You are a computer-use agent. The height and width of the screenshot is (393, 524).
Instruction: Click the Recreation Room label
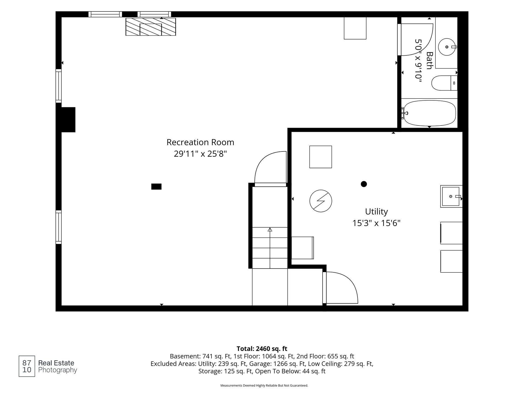point(200,142)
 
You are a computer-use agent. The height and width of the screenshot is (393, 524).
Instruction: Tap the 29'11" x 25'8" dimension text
point(200,154)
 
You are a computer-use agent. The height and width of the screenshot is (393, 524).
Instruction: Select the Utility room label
point(376,212)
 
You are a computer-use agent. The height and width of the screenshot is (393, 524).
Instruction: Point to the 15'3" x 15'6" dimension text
point(376,223)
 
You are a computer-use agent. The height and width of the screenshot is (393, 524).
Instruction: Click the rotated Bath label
point(429,61)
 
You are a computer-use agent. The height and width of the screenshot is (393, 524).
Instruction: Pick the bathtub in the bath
point(430,113)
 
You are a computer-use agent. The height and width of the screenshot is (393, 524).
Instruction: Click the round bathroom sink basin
point(447,47)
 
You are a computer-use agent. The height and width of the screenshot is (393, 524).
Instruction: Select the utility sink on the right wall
point(451,196)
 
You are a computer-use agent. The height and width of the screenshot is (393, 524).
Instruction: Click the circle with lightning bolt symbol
point(321,201)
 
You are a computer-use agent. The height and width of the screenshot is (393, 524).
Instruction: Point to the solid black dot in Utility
point(364,184)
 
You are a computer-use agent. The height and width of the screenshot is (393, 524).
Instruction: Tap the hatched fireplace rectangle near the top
point(151,27)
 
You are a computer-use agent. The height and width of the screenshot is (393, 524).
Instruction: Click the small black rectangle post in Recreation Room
point(156,187)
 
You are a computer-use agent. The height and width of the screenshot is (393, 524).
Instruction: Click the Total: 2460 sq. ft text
point(262,349)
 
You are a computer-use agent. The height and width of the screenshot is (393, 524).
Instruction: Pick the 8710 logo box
point(27,366)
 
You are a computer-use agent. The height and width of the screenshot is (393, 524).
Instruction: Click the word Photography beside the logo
point(58,370)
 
